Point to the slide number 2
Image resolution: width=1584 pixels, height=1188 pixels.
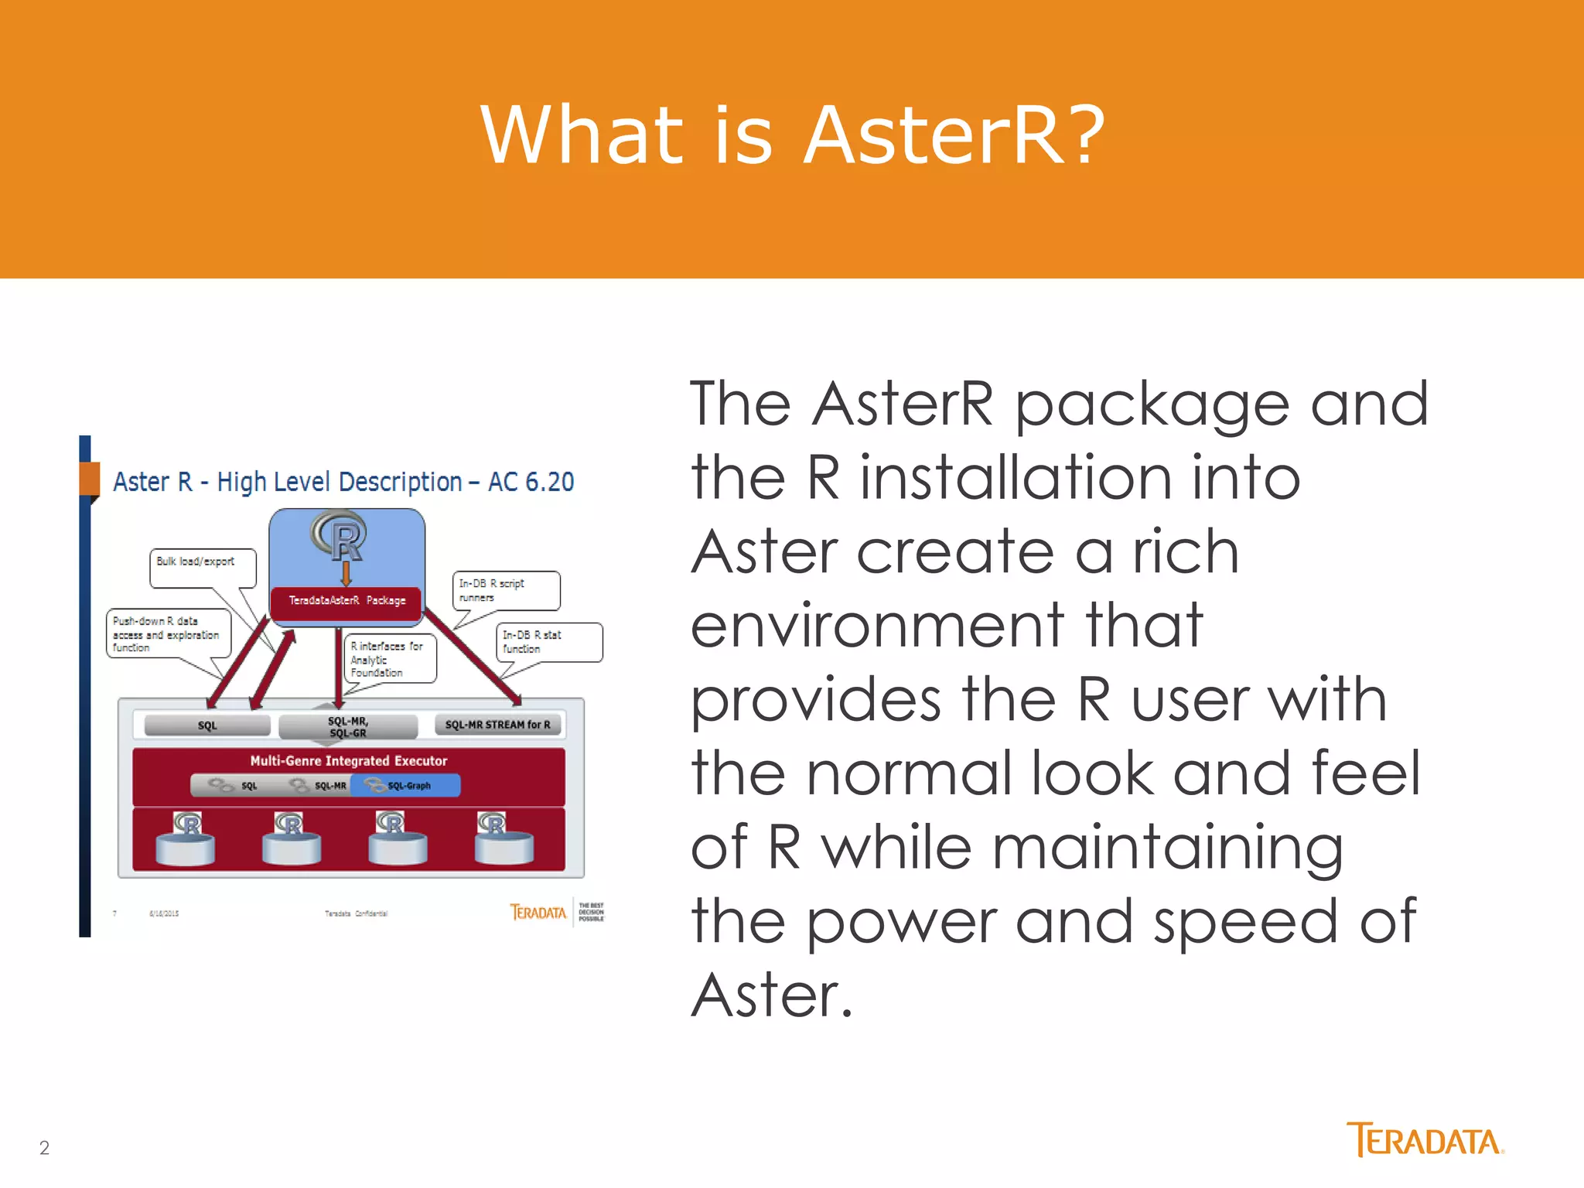click(44, 1148)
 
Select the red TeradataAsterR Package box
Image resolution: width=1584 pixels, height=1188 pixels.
click(346, 601)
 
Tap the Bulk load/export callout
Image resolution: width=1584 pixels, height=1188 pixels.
click(201, 566)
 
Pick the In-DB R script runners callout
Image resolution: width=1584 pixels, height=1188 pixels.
click(505, 590)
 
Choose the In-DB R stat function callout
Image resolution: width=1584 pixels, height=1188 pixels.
click(548, 642)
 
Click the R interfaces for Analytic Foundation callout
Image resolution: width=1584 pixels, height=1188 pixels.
click(390, 659)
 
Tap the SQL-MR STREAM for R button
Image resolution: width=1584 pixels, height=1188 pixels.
click(497, 725)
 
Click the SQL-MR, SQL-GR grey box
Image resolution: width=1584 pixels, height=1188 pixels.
click(348, 727)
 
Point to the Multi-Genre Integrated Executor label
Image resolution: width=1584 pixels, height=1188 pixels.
click(348, 761)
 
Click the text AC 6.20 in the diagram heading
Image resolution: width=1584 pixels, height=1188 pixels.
click(531, 482)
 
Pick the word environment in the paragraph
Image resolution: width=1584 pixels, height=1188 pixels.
click(875, 626)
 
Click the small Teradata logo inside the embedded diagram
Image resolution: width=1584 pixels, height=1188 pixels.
click(538, 913)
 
